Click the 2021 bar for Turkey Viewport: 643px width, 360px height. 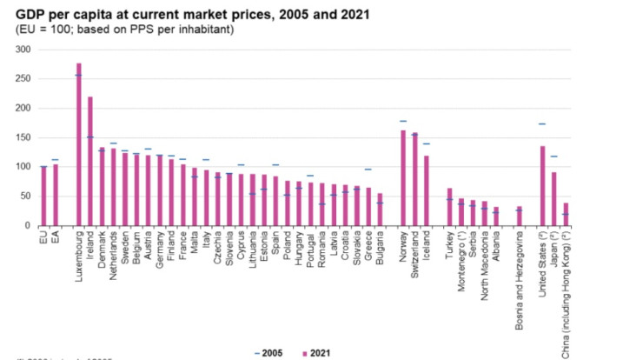(x=449, y=207)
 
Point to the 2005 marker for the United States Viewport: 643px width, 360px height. (x=542, y=124)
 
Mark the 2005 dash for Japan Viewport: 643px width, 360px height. (x=554, y=157)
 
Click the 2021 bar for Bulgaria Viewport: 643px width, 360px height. (x=379, y=210)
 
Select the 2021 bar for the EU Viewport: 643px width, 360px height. (x=43, y=197)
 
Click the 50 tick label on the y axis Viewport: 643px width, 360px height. (x=25, y=197)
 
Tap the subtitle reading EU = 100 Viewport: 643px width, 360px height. (x=124, y=30)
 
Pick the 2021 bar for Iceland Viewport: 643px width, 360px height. (x=426, y=190)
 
